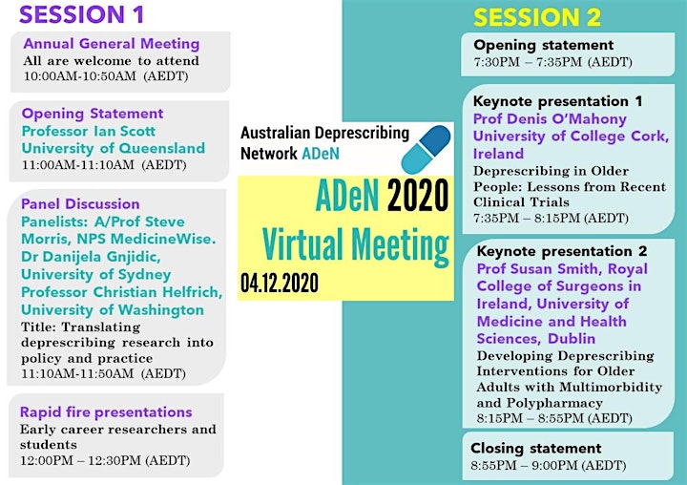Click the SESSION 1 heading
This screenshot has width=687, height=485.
(x=81, y=14)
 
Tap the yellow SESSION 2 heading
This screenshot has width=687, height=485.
(x=536, y=17)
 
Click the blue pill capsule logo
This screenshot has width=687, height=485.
(x=426, y=149)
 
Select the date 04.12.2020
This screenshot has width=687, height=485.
(x=280, y=283)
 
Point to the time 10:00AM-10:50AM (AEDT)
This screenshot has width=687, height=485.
(x=106, y=76)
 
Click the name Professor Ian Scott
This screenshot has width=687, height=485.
(x=89, y=131)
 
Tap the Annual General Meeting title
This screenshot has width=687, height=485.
(x=112, y=43)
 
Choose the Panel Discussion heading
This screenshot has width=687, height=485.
(x=80, y=204)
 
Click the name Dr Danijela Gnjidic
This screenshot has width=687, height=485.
(x=91, y=257)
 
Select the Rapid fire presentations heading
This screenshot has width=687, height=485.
(x=106, y=412)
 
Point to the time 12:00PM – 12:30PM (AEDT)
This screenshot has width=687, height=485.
(x=105, y=461)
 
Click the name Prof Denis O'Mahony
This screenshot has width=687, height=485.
(x=550, y=118)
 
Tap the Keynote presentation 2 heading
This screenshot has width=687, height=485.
(x=562, y=251)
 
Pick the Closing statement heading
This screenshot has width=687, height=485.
(x=536, y=448)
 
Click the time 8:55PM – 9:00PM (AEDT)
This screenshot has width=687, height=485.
(x=549, y=465)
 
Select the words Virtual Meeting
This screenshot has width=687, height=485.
(x=355, y=244)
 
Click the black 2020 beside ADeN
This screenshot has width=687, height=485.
(x=418, y=196)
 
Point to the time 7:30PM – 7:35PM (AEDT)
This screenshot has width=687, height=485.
(x=552, y=62)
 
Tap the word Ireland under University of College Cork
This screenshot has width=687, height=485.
(x=499, y=154)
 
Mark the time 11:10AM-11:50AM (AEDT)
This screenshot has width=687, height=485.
(x=103, y=373)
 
